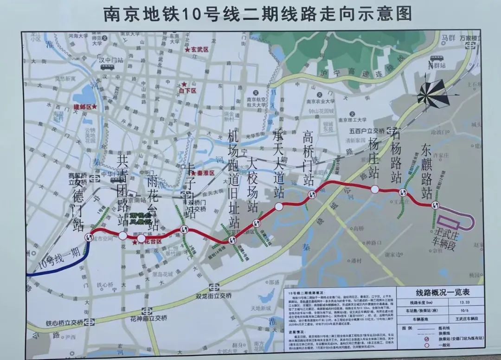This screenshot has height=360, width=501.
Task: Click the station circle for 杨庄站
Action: tap(374, 189)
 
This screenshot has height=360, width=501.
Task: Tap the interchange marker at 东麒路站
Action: tap(435, 206)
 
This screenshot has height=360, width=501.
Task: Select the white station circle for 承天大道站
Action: tap(279, 207)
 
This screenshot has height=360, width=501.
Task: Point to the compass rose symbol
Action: tap(430, 92)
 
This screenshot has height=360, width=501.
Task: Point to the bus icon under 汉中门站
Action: tap(106, 67)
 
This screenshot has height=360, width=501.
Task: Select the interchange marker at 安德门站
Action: tap(89, 237)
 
